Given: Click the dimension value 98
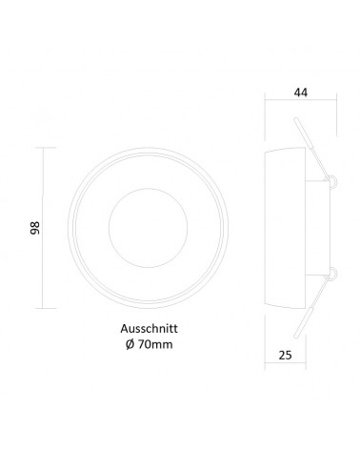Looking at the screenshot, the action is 35,228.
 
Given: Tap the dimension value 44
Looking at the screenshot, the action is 301,92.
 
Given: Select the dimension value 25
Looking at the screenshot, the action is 285,355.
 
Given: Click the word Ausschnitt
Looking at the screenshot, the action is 149,328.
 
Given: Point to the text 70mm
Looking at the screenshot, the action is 155,344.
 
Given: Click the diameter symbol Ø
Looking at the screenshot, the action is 130,344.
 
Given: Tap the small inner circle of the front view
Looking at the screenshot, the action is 148,228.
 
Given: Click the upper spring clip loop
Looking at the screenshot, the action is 332,181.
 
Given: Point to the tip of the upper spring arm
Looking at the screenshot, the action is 296,119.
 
